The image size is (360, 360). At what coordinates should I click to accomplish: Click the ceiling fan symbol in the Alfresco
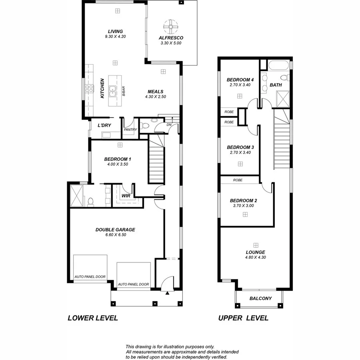tap(171, 27)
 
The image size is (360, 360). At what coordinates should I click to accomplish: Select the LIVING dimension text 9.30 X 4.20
tap(115, 36)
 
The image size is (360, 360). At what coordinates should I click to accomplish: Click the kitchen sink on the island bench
tap(114, 92)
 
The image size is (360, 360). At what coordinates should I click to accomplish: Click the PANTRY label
tap(130, 130)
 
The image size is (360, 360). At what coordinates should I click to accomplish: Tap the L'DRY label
tap(104, 126)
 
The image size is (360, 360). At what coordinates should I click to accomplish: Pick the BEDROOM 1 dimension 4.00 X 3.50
tap(117, 164)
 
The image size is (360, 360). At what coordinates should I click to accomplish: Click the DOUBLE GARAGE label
tap(115, 230)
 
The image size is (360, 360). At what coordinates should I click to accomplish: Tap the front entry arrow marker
tap(167, 293)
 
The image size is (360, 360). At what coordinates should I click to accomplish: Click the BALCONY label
tap(260, 298)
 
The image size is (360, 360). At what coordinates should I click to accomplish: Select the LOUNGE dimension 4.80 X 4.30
tap(256, 257)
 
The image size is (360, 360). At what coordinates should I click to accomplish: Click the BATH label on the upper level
tap(276, 85)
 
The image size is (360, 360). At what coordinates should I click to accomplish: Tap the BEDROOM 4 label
tap(240, 79)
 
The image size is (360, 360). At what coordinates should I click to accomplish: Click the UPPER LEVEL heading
tap(243, 318)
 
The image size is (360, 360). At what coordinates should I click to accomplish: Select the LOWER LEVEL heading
tap(92, 318)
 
